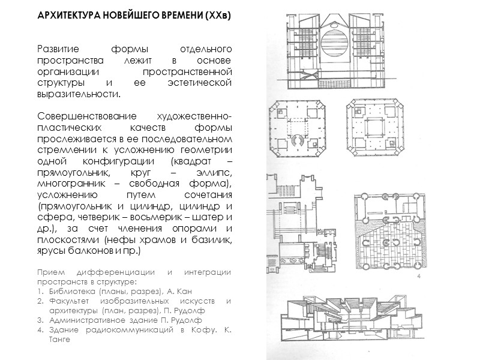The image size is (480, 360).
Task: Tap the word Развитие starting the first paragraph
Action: [56, 49]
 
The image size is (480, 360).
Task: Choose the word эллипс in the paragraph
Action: [205, 173]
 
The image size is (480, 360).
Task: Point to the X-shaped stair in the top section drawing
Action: [298, 76]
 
